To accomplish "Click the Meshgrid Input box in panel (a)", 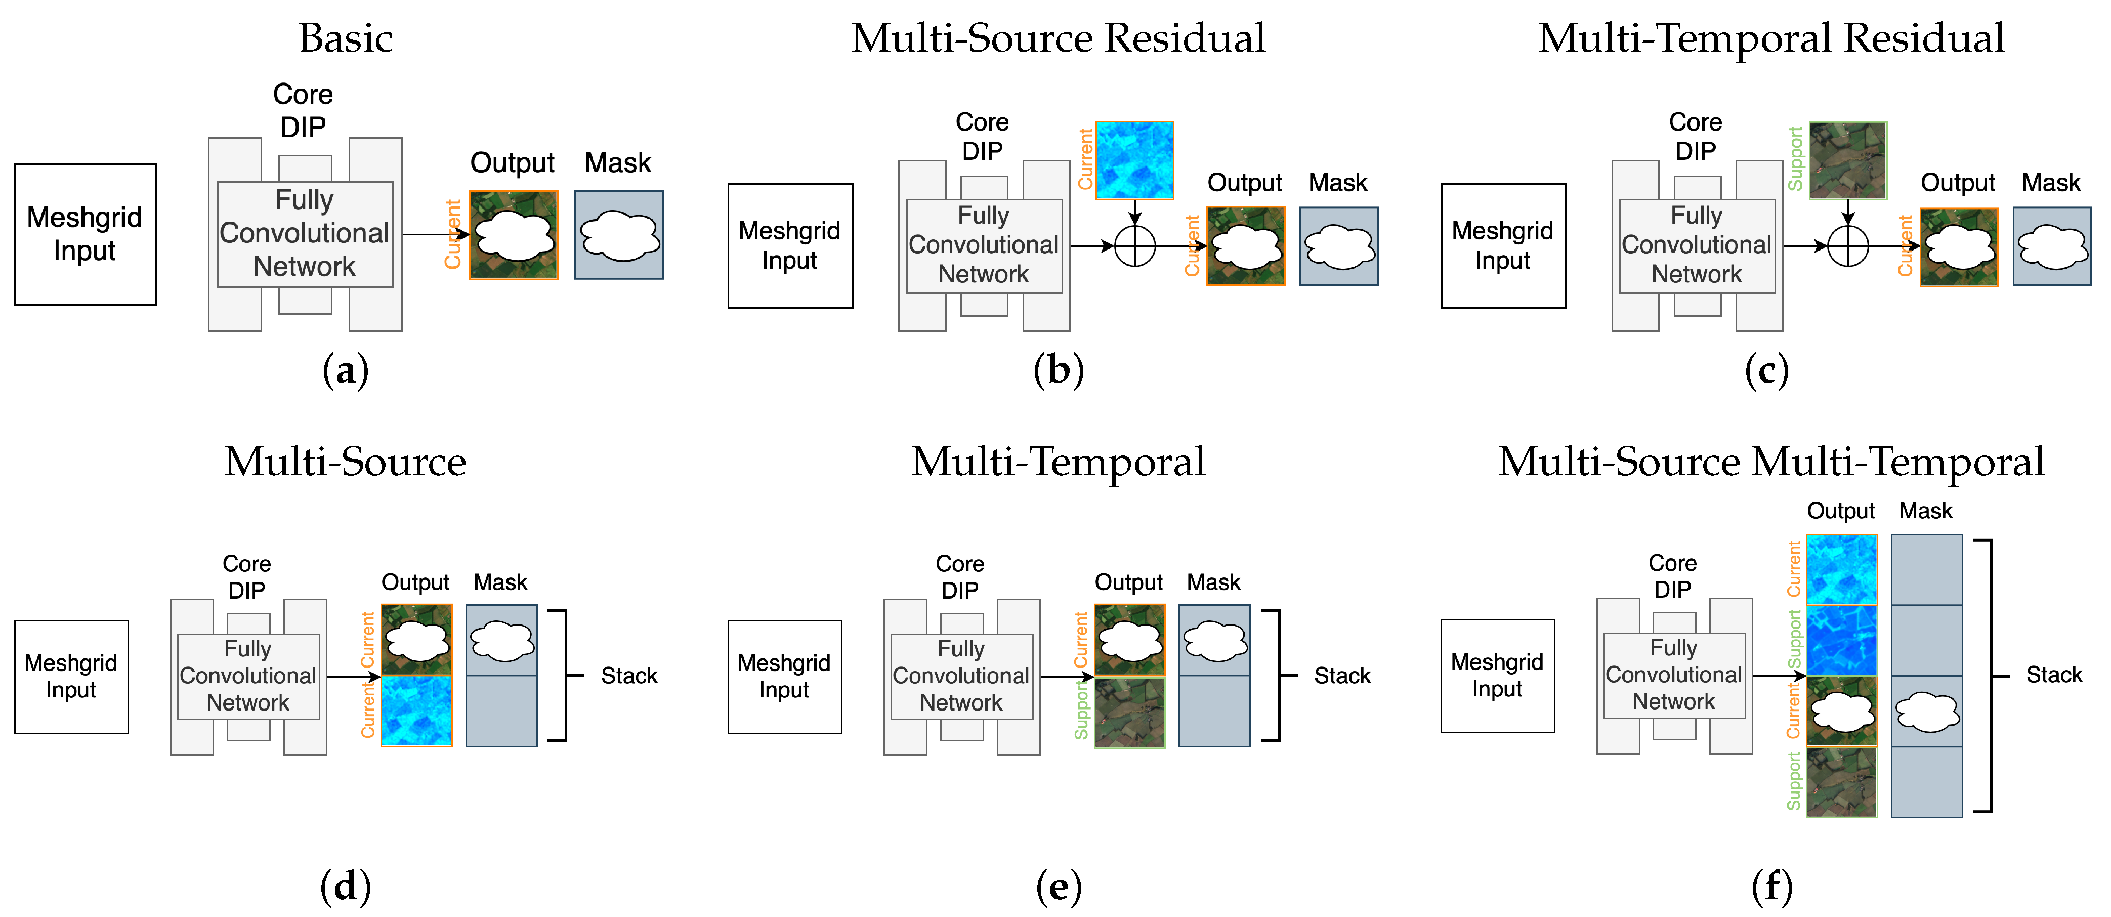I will (85, 234).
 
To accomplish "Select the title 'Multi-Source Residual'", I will (1058, 38).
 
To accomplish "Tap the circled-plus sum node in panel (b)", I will (1135, 246).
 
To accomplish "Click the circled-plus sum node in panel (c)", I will (1848, 246).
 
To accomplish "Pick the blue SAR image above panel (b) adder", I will (1135, 160).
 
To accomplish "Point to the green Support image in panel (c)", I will (1848, 160).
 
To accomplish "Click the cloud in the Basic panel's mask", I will (619, 235).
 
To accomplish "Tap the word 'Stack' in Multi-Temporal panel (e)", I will (1341, 676).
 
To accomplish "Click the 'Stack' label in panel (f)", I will (2054, 675).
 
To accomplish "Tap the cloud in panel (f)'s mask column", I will (1927, 712).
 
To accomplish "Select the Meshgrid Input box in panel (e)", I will (784, 676).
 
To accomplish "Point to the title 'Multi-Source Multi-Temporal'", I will (1771, 462).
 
